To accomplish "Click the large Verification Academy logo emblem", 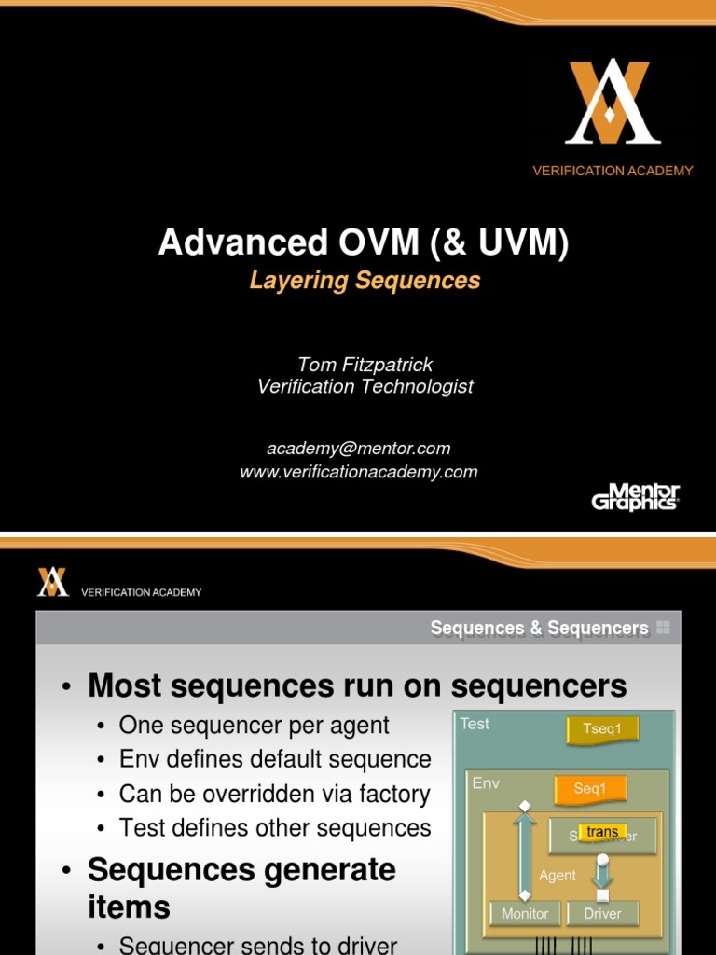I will [613, 102].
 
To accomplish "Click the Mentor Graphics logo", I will [635, 496].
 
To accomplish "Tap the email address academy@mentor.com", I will [359, 449].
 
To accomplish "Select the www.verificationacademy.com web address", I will [359, 472].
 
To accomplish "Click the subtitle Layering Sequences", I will [365, 280].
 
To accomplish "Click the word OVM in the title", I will [364, 242].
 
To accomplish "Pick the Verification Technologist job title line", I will [365, 386].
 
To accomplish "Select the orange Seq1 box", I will [589, 789].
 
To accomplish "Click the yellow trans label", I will [602, 831].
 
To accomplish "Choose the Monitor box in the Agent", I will [525, 913].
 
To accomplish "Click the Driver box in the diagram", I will [602, 913].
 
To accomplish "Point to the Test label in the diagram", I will [475, 724].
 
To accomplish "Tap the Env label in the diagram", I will [486, 782].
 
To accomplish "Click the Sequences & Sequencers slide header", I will [539, 629].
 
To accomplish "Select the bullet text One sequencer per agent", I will [254, 725].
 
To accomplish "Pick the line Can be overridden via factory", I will [274, 794].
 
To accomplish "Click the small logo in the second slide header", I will [52, 582].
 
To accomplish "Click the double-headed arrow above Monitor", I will [525, 851].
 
